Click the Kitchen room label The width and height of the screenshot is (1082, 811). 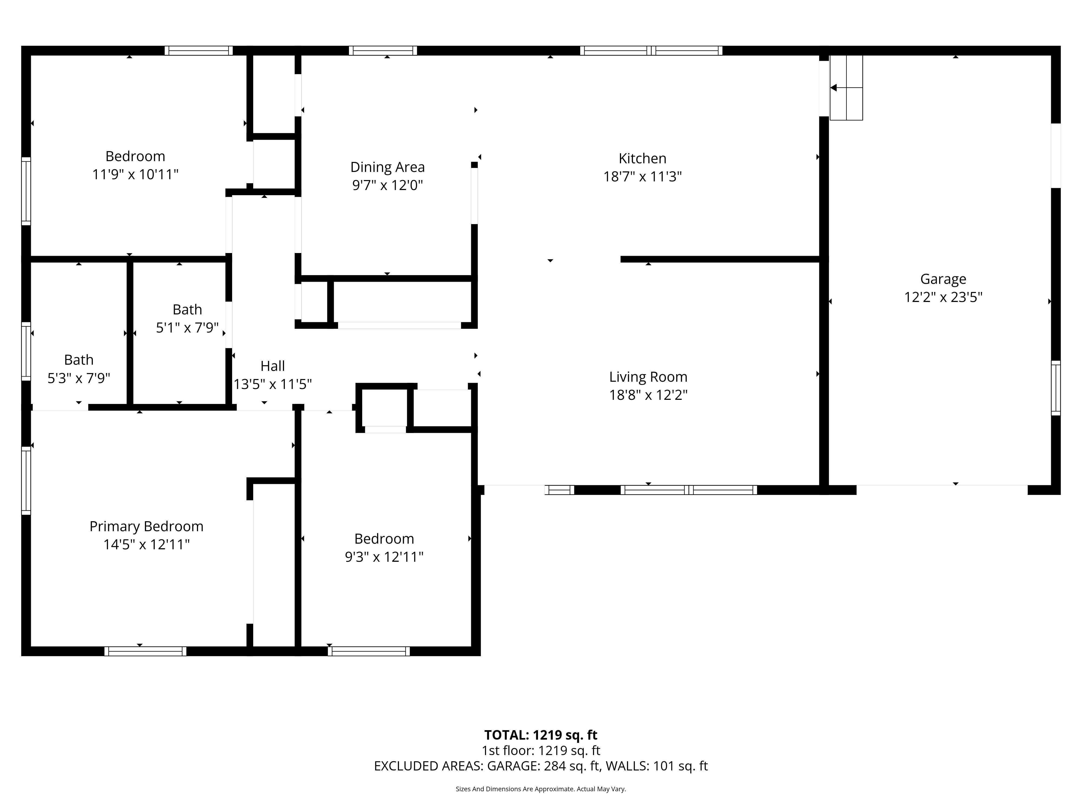(x=642, y=158)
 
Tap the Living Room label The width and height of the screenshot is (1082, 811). (x=648, y=377)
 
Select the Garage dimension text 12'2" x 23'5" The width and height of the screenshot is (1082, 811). (x=943, y=297)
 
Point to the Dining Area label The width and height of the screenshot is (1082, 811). (x=387, y=167)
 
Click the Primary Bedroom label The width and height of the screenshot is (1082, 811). (x=146, y=527)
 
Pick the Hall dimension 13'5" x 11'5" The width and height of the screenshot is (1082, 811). (x=272, y=384)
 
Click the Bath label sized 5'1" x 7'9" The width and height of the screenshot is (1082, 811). (x=187, y=310)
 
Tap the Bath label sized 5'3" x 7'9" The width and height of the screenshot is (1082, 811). (x=79, y=360)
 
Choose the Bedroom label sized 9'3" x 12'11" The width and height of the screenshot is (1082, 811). (x=384, y=539)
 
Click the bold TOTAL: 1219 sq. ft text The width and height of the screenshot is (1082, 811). (x=540, y=735)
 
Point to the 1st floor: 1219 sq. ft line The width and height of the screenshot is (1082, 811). (x=540, y=751)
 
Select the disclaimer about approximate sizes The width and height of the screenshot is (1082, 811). (x=540, y=789)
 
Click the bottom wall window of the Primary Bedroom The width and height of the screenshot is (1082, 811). (x=145, y=651)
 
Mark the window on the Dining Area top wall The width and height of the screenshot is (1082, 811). (x=383, y=50)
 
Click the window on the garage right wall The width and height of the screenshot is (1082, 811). (x=1055, y=388)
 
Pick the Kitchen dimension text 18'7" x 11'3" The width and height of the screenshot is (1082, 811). (x=642, y=177)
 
